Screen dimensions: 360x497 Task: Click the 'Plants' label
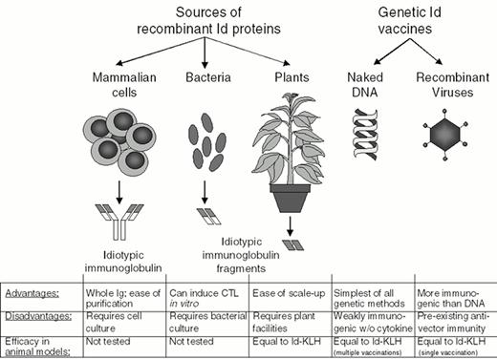[285, 75]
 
